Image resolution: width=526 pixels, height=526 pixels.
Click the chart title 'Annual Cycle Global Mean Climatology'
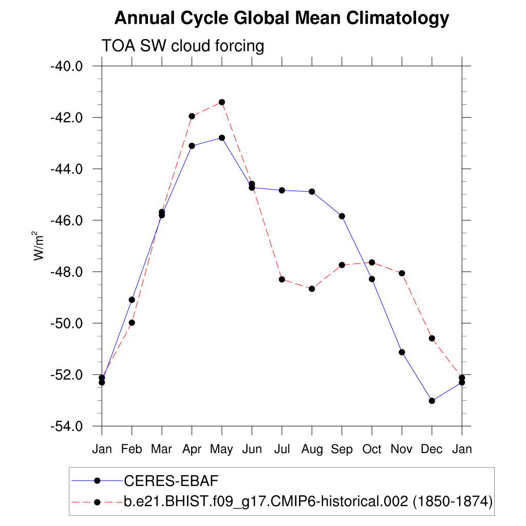coord(281,18)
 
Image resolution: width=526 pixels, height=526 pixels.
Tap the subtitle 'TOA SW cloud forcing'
coord(183,46)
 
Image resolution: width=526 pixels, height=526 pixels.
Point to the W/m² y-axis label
coord(39,246)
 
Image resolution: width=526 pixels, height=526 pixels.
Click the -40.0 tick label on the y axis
coord(66,66)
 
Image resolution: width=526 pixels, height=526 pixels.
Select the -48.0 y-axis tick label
coord(66,272)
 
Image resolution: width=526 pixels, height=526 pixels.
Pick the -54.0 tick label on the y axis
coord(66,426)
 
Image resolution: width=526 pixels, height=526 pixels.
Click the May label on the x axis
coord(221,449)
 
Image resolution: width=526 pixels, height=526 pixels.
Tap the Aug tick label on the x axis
coord(312,449)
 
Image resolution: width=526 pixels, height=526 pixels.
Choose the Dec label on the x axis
coord(431,449)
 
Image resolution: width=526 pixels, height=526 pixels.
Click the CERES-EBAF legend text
coord(172,481)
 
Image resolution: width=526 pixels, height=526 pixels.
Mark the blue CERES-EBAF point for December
coord(432,401)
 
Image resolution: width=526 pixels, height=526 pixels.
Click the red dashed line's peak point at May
coord(222,102)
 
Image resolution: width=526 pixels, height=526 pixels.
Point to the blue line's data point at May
coord(222,138)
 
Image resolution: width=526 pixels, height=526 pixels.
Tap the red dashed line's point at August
coord(312,289)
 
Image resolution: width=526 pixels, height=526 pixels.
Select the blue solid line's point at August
coord(312,192)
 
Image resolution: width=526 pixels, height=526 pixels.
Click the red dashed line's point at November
coord(402,273)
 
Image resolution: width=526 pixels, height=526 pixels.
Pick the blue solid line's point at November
coord(402,352)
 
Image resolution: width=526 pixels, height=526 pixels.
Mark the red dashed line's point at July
coord(281,279)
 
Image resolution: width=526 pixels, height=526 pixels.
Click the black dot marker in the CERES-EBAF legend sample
coord(97,481)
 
